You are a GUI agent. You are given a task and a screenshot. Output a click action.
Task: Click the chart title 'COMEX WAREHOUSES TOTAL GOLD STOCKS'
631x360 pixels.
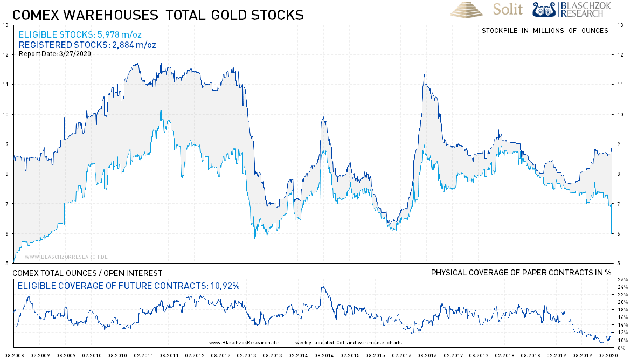pyautogui.click(x=158, y=15)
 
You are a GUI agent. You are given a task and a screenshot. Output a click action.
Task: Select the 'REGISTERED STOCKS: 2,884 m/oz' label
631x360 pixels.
pyautogui.click(x=87, y=45)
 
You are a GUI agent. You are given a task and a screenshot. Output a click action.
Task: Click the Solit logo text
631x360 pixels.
pyautogui.click(x=508, y=10)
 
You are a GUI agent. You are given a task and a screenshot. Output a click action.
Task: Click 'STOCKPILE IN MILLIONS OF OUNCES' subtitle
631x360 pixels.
pyautogui.click(x=545, y=30)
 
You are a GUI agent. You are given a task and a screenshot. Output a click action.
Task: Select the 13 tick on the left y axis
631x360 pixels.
pyautogui.click(x=5, y=25)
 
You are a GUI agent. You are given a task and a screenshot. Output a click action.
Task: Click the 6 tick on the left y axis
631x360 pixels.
pyautogui.click(x=6, y=233)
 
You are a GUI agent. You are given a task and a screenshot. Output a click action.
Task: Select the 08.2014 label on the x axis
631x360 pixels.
pyautogui.click(x=323, y=356)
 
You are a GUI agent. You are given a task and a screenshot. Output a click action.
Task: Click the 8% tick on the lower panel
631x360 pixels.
pyautogui.click(x=622, y=348)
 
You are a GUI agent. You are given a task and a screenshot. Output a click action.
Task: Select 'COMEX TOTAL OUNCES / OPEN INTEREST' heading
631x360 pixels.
pyautogui.click(x=87, y=273)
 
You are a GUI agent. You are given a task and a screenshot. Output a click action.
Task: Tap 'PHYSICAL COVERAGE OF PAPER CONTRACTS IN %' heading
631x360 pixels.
pyautogui.click(x=520, y=273)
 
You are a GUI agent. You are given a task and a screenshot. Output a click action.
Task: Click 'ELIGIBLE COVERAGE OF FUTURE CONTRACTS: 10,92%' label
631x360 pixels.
pyautogui.click(x=129, y=286)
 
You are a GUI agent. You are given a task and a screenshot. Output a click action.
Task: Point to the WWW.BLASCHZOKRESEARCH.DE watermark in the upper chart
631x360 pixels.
pyautogui.click(x=66, y=257)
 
